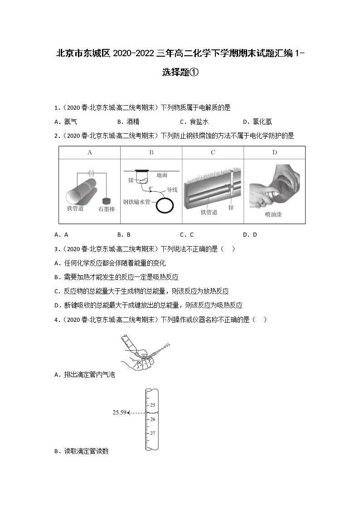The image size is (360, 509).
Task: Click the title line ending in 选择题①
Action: point(180,72)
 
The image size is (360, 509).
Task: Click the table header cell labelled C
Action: point(213,153)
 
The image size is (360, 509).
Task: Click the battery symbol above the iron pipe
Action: point(92,172)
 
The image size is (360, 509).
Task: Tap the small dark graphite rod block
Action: point(107,200)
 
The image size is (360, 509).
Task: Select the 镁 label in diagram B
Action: point(131,180)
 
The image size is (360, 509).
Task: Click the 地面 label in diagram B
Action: point(162,175)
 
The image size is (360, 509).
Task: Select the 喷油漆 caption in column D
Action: point(273,214)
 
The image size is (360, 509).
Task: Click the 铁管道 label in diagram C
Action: point(209,212)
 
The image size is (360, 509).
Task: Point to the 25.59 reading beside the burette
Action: point(119,412)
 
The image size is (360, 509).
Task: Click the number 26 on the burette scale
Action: point(153,419)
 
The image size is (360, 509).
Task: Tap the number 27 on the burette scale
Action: point(153,433)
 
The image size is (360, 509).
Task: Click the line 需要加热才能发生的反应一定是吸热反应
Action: point(121,277)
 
